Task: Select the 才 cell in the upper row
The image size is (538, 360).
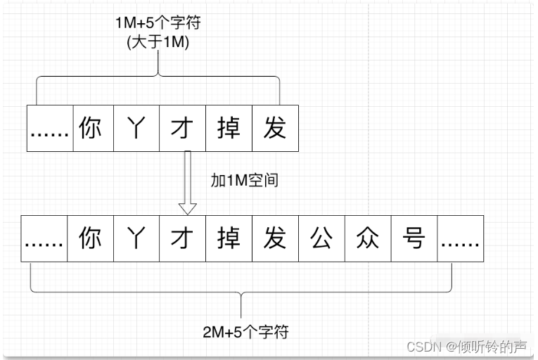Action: click(182, 129)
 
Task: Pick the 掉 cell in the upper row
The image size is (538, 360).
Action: click(229, 129)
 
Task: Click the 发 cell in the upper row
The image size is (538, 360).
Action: click(275, 129)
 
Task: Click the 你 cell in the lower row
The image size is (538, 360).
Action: click(90, 238)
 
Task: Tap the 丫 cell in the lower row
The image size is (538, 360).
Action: click(136, 238)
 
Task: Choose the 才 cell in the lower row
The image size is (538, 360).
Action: click(182, 238)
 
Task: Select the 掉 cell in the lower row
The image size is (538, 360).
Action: click(229, 238)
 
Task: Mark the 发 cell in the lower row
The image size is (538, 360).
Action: click(275, 238)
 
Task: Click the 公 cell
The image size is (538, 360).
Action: click(321, 238)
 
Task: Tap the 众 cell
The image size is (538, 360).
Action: click(368, 238)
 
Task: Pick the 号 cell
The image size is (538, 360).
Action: click(414, 238)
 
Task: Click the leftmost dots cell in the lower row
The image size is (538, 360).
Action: click(44, 238)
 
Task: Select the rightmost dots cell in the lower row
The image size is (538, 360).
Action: click(461, 238)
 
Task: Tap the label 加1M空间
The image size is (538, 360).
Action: click(245, 180)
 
